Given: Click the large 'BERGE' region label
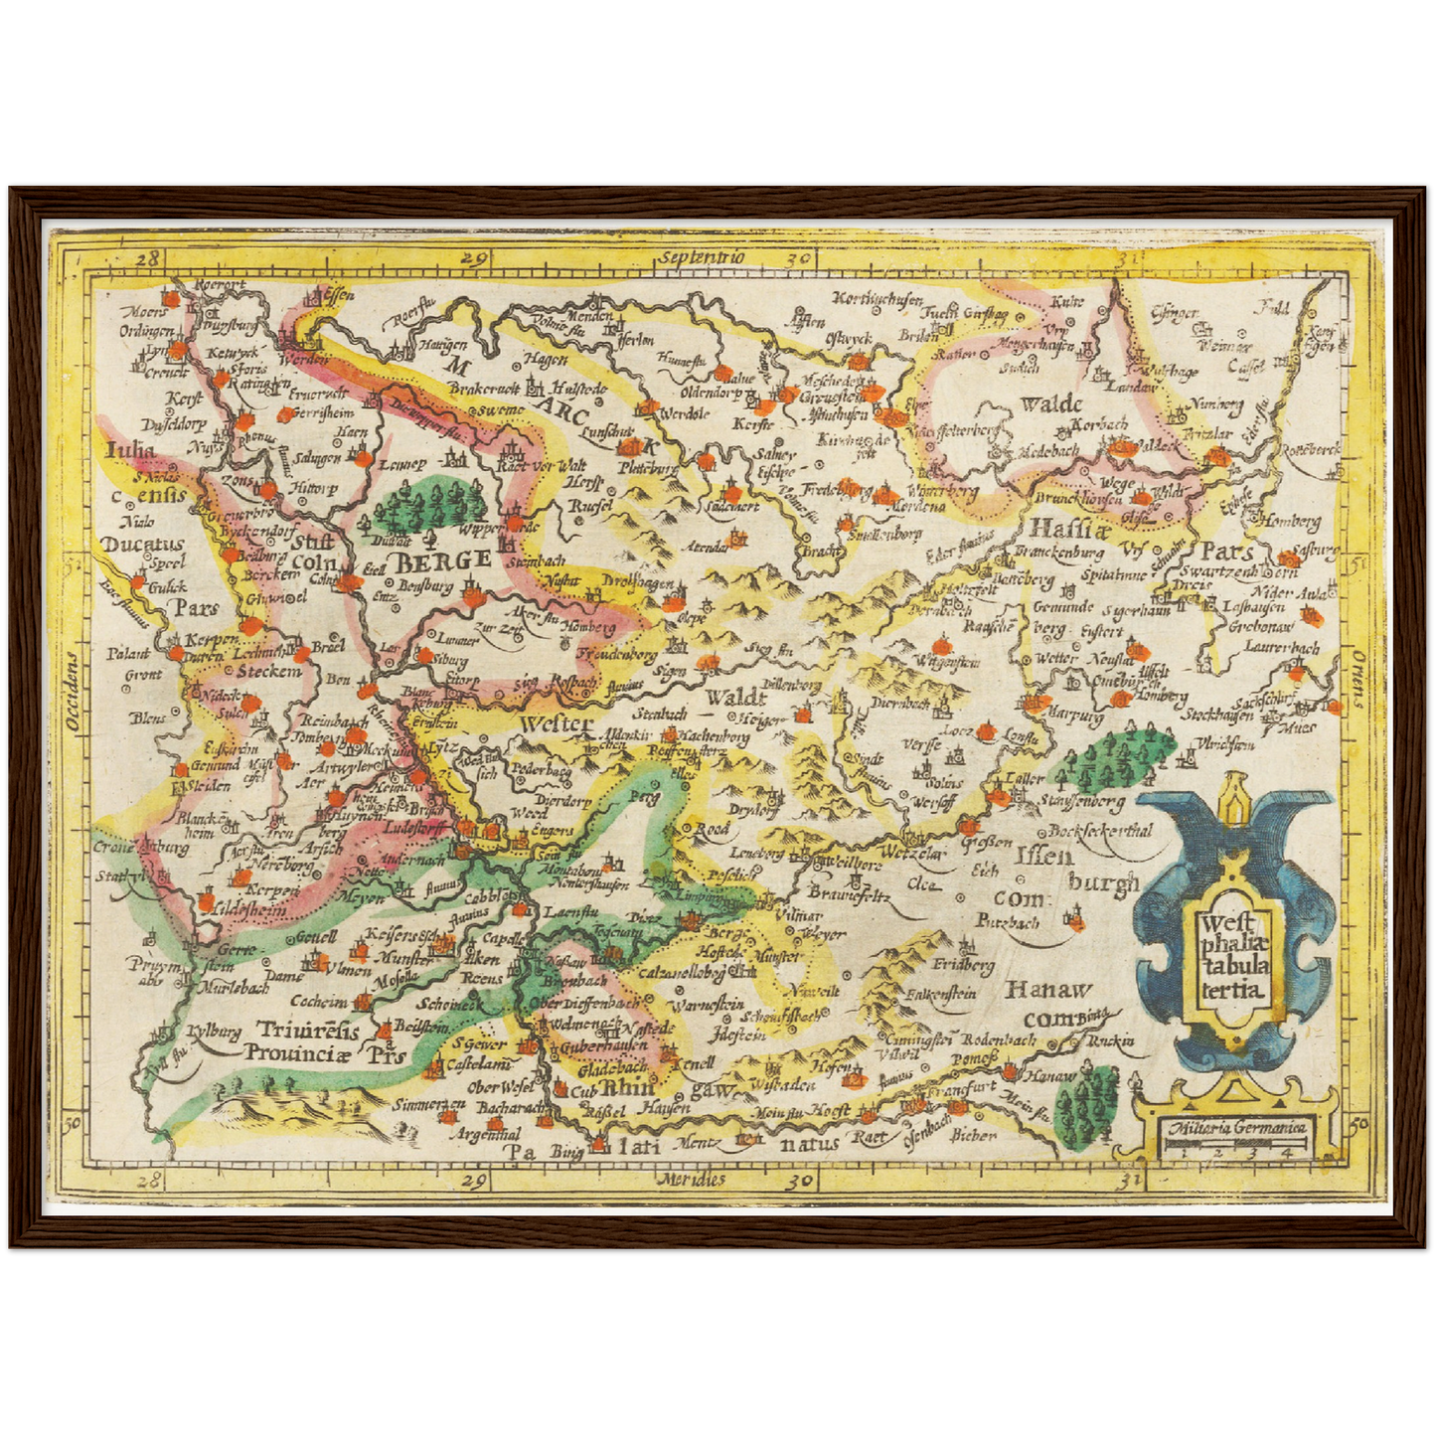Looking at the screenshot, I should coord(443,559).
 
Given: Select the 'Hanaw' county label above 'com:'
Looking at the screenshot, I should coord(1047,990).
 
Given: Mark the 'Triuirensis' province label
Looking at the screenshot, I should coord(308,1029).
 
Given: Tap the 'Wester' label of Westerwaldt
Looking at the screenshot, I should coord(557,723).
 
